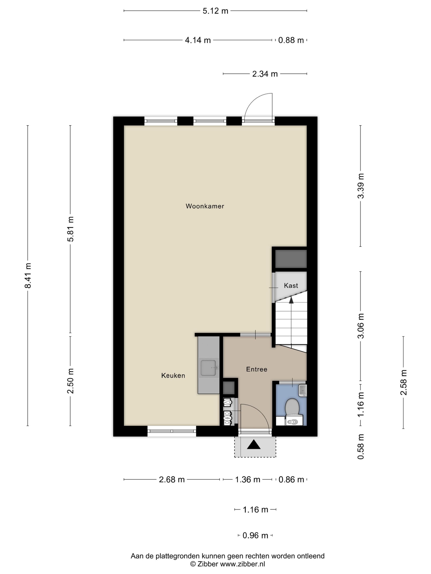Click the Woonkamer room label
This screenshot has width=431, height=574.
(x=205, y=206)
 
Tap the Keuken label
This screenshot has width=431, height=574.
(x=173, y=376)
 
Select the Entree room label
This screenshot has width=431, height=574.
(x=256, y=369)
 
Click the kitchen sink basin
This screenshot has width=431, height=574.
(x=208, y=368)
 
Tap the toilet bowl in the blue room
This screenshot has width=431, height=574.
(x=292, y=407)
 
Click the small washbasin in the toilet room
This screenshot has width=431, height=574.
(x=303, y=390)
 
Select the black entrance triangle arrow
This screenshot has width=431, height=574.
(x=253, y=445)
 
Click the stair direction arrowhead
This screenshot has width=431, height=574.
(x=291, y=300)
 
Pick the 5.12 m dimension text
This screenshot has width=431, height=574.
(x=215, y=11)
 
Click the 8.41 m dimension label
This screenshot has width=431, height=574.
(x=28, y=275)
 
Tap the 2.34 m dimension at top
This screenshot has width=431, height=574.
(x=265, y=74)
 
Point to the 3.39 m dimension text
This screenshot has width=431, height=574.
(x=361, y=186)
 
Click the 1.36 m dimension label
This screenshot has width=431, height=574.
(x=247, y=479)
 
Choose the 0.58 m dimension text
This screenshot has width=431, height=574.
(x=361, y=446)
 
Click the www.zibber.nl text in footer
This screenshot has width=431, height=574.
(x=242, y=564)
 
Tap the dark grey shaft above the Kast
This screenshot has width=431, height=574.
(x=291, y=259)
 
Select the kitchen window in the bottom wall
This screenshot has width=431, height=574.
(x=172, y=431)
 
